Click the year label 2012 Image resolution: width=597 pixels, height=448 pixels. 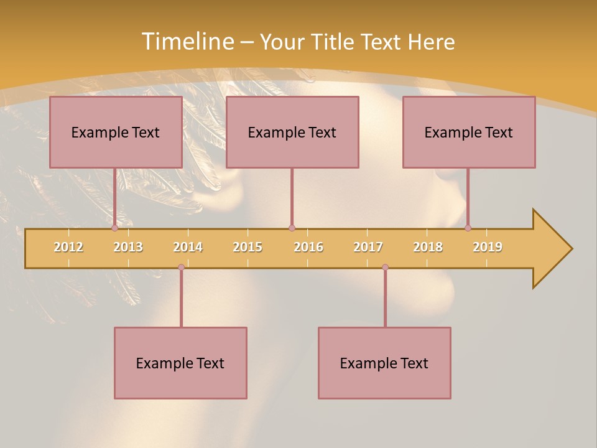click(68, 247)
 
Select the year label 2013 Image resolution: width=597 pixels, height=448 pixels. click(128, 247)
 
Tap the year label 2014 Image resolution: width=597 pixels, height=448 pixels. click(188, 247)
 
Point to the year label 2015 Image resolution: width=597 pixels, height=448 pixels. click(248, 247)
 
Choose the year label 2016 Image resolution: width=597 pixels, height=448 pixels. click(308, 247)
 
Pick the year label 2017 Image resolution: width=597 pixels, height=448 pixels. click(368, 247)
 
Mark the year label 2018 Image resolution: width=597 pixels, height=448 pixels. click(428, 247)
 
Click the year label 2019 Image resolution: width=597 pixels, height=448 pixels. click(488, 247)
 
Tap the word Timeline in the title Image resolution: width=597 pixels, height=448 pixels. click(188, 42)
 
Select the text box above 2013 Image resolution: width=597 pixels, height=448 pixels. click(116, 132)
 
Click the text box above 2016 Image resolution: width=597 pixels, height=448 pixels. click(292, 132)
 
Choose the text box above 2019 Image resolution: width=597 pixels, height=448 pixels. click(469, 132)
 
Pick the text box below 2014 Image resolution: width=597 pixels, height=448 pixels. click(180, 363)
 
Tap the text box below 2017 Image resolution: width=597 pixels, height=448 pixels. click(384, 363)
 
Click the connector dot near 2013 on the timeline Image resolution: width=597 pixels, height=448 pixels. click(114, 228)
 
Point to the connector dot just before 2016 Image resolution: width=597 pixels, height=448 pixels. click(292, 228)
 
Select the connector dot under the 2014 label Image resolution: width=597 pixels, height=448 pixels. click(181, 267)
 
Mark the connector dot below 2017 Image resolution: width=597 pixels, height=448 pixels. click(385, 267)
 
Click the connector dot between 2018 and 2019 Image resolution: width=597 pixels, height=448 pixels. click(468, 228)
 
